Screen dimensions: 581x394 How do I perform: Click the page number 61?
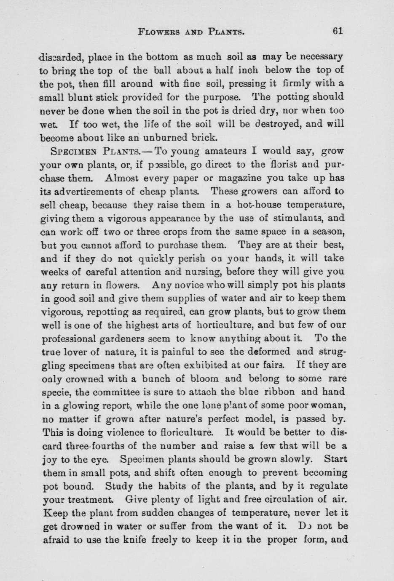click(x=338, y=31)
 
